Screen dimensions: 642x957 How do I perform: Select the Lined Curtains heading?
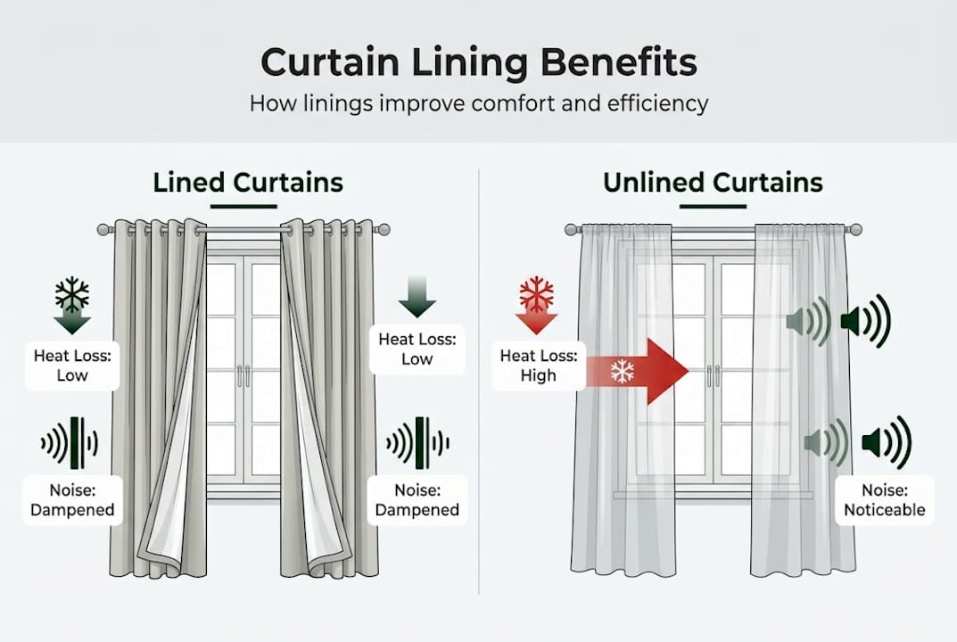pyautogui.click(x=248, y=183)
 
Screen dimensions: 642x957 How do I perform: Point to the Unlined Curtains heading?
pyautogui.click(x=713, y=183)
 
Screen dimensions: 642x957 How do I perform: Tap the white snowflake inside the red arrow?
pyautogui.click(x=622, y=372)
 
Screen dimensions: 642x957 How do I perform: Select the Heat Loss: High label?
pyautogui.click(x=539, y=366)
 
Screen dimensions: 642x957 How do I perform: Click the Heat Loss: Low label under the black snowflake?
pyautogui.click(x=72, y=366)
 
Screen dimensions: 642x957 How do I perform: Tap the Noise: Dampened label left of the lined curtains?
pyautogui.click(x=72, y=501)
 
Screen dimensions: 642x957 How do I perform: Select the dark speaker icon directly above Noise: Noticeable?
pyautogui.click(x=886, y=442)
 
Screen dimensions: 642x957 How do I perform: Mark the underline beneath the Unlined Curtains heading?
pyautogui.click(x=713, y=206)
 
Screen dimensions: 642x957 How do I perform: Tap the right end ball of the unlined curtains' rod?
pyautogui.click(x=857, y=230)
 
